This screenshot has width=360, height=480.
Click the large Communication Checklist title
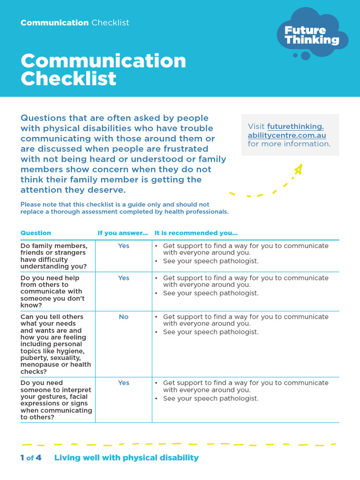pyautogui.click(x=103, y=69)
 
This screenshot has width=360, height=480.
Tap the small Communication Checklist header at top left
pyautogui.click(x=75, y=22)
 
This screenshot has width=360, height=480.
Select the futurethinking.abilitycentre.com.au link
pyautogui.click(x=286, y=131)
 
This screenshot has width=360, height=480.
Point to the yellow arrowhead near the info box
pyautogui.click(x=298, y=169)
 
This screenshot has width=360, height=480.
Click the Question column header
pyautogui.click(x=36, y=233)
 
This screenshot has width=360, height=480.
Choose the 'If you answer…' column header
pyautogui.click(x=122, y=233)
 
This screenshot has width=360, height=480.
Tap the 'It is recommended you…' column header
pyautogui.click(x=196, y=233)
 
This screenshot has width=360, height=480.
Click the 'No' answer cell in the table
pyautogui.click(x=123, y=317)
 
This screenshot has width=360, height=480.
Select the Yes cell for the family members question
pyautogui.click(x=123, y=246)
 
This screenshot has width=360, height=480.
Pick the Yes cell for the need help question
pyautogui.click(x=123, y=278)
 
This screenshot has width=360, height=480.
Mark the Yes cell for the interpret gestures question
pyautogui.click(x=123, y=383)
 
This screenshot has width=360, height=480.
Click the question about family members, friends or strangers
pyautogui.click(x=54, y=256)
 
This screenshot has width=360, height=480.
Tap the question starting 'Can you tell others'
pyautogui.click(x=56, y=344)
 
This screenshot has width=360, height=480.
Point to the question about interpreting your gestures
pyautogui.click(x=56, y=400)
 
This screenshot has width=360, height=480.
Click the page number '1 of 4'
pyautogui.click(x=31, y=457)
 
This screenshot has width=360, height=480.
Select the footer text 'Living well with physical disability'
pyautogui.click(x=127, y=457)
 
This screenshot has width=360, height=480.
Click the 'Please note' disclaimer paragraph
pyautogui.click(x=124, y=208)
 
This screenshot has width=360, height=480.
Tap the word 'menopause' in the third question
pyautogui.click(x=39, y=365)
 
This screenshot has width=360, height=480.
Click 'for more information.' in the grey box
pyautogui.click(x=289, y=144)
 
